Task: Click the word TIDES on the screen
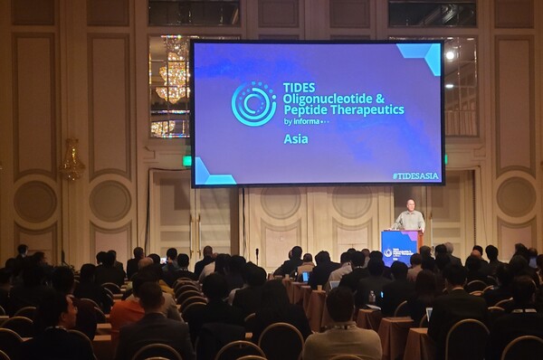[299, 88]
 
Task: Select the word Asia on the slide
[295, 139]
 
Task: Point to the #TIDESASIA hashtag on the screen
[415, 175]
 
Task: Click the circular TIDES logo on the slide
[253, 103]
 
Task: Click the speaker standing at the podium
[410, 217]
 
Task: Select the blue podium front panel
[398, 248]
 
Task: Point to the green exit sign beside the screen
[187, 161]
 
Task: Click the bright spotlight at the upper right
[450, 55]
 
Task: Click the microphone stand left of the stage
[257, 257]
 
